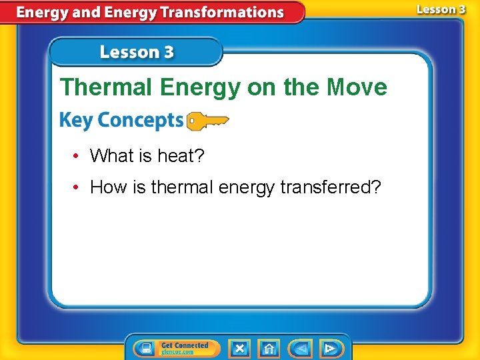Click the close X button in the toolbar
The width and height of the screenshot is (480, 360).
[x=239, y=348]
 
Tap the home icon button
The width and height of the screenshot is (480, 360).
[x=269, y=348]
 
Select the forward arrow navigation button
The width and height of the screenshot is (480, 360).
[x=329, y=348]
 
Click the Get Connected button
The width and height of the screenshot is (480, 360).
[x=177, y=348]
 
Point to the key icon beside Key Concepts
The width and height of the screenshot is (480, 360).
[x=207, y=121]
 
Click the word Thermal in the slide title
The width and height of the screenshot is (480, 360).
[x=98, y=87]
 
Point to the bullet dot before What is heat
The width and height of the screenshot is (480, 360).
[x=77, y=157]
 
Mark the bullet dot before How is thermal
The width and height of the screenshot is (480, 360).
[x=77, y=188]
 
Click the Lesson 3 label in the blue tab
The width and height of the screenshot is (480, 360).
[x=137, y=52]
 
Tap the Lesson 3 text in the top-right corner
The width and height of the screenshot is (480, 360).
[x=441, y=9]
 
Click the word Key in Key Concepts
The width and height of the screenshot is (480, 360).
[x=75, y=121]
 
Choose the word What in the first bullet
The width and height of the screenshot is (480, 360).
[x=112, y=156]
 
